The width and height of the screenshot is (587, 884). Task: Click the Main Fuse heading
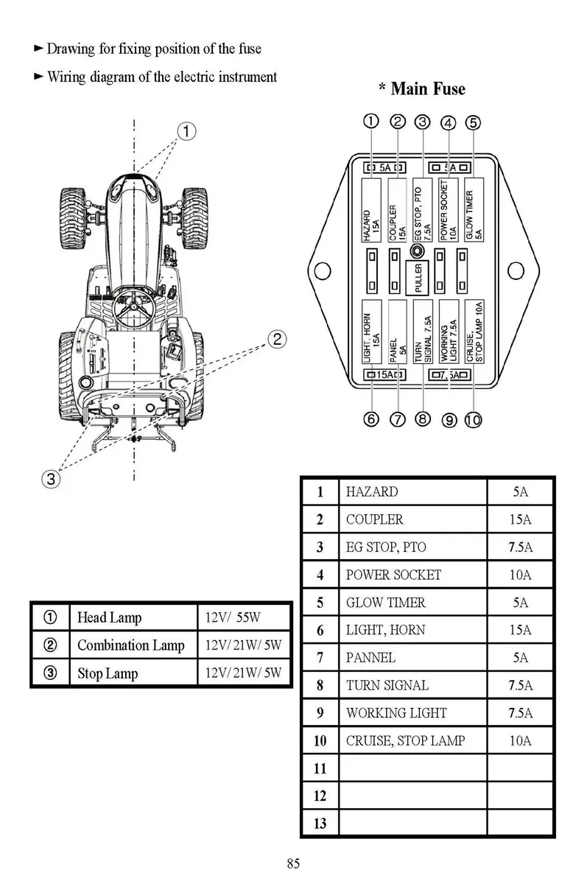tap(421, 89)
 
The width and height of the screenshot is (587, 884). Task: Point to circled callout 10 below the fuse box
tap(473, 420)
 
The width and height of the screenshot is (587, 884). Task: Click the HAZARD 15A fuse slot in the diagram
tap(370, 209)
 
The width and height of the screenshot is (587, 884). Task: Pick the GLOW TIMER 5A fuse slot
tap(473, 209)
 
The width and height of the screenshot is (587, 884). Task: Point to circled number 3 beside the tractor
tap(49, 480)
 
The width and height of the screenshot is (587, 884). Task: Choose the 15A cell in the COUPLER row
tap(520, 519)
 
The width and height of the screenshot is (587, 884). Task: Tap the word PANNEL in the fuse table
tap(370, 658)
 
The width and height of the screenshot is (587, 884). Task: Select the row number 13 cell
tap(320, 824)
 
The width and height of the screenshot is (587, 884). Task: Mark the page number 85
tap(293, 863)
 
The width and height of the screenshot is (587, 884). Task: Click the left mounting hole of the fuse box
tap(320, 270)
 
